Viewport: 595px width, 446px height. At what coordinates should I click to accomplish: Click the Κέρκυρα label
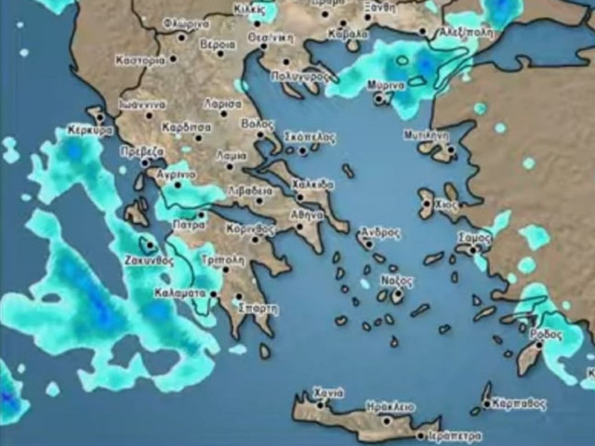(90, 132)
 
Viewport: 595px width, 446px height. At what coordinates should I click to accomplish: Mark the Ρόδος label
(545, 332)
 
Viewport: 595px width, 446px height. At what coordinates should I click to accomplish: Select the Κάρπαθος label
(521, 404)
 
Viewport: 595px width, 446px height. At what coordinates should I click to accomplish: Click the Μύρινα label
(385, 85)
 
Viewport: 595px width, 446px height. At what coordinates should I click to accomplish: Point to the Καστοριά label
(140, 59)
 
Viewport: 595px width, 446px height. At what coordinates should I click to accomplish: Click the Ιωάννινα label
(142, 105)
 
